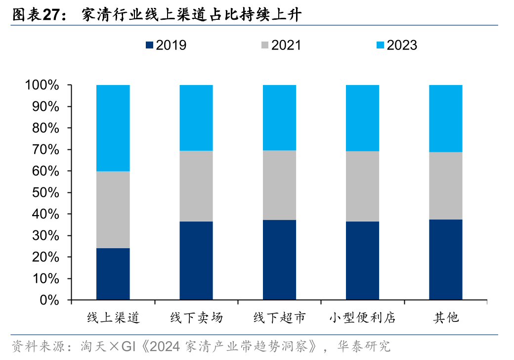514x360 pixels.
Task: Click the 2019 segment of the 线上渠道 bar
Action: click(x=113, y=274)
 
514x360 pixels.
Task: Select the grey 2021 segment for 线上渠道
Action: click(x=113, y=210)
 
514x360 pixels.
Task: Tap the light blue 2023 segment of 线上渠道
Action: click(x=113, y=128)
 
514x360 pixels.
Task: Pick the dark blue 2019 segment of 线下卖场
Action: click(x=196, y=261)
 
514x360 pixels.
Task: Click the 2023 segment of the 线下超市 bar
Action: click(x=279, y=118)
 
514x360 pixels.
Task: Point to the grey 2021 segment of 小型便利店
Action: click(x=362, y=186)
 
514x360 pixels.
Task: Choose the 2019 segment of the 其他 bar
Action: click(x=445, y=260)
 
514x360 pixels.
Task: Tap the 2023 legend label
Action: click(x=401, y=45)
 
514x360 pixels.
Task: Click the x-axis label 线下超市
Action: click(x=279, y=317)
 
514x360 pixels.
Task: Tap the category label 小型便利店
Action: click(x=362, y=317)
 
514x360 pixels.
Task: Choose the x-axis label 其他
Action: click(x=445, y=317)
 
